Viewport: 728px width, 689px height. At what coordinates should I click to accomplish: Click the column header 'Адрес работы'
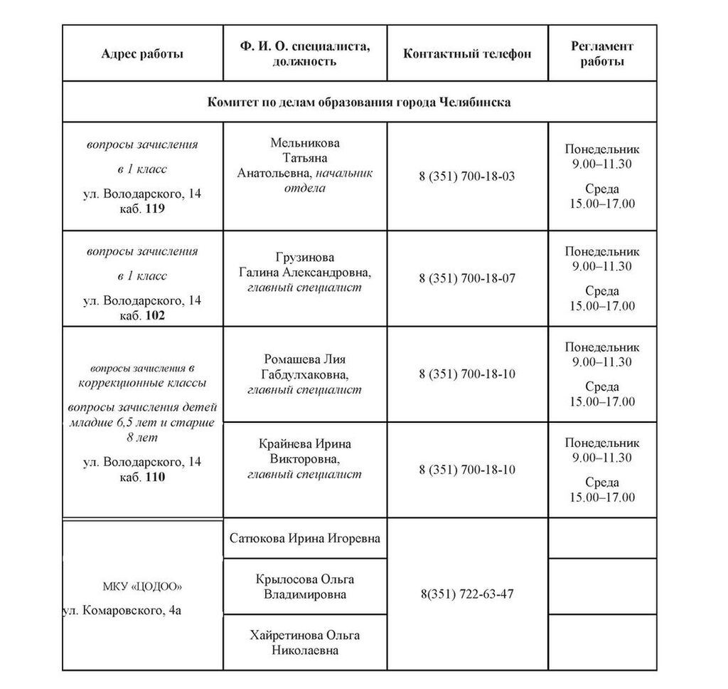click(x=142, y=54)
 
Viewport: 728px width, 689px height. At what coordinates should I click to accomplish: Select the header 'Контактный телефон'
click(x=467, y=54)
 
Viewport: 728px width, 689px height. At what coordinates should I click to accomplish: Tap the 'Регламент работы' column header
click(x=602, y=54)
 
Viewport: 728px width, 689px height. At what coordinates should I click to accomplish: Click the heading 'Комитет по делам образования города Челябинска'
click(x=359, y=102)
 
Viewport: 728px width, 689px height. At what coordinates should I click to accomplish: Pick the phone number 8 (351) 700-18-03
click(x=467, y=176)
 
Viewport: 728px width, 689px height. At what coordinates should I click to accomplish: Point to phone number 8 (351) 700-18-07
click(x=467, y=278)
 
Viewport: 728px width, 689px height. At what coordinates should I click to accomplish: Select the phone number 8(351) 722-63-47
click(x=467, y=594)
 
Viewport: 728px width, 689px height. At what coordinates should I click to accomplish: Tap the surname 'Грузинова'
click(x=305, y=257)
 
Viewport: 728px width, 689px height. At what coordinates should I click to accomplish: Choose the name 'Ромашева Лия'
click(x=305, y=359)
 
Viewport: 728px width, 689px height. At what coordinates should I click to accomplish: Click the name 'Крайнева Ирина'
click(x=305, y=444)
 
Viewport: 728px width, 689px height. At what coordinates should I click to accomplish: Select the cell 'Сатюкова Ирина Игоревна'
click(x=305, y=538)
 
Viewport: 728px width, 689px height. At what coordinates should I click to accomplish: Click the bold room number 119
click(x=154, y=209)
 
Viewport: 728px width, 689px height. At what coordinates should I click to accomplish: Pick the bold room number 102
click(x=154, y=315)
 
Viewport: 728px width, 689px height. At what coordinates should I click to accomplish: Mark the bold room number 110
click(x=154, y=477)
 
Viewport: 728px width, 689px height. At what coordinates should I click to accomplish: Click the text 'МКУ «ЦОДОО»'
click(x=142, y=587)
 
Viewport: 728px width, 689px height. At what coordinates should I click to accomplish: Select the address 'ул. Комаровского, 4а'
click(x=122, y=611)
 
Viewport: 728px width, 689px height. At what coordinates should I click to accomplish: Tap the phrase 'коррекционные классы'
click(x=142, y=383)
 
